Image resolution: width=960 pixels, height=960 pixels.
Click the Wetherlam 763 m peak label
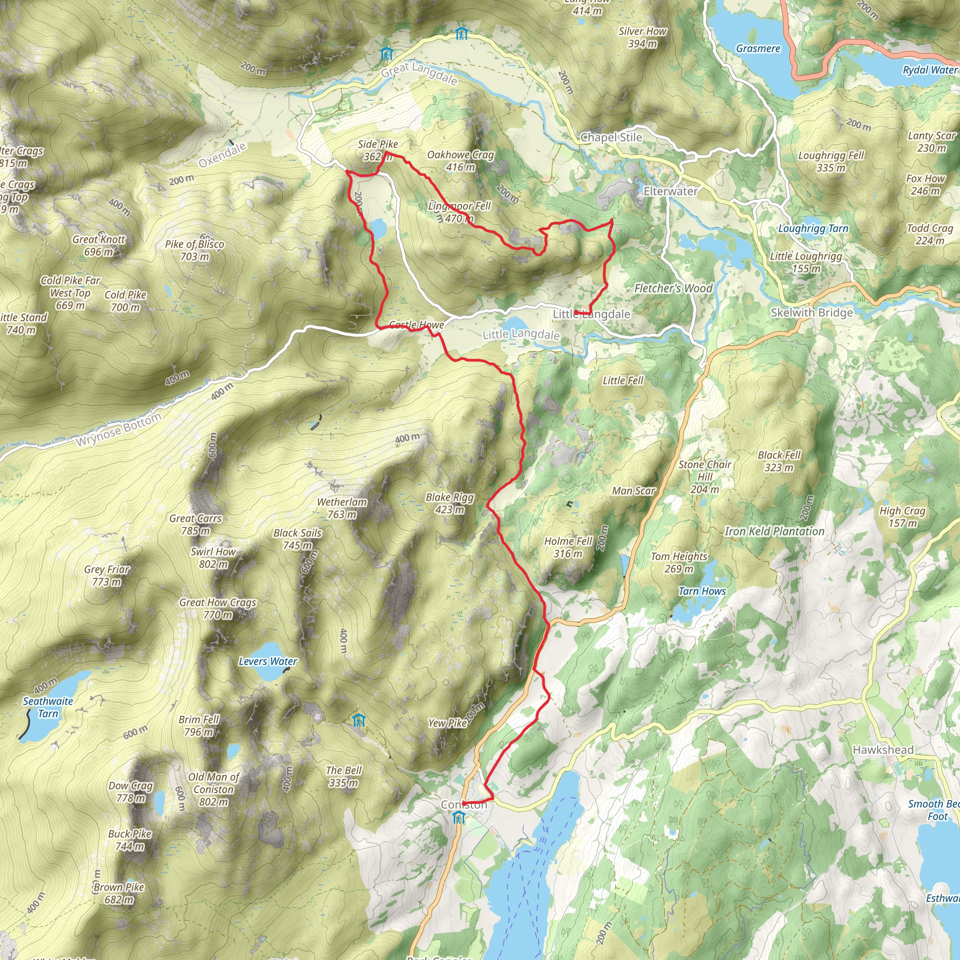click(342, 508)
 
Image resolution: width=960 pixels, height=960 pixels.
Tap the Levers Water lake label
click(267, 661)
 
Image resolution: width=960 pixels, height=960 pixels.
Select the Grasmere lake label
click(758, 49)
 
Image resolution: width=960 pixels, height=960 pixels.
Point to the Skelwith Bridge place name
click(811, 313)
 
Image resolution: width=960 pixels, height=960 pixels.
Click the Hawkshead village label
click(883, 750)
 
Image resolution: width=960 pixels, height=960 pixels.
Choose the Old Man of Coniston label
click(214, 789)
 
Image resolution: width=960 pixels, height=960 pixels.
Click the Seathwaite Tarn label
click(48, 707)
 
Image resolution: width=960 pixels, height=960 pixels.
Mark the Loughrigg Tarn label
click(813, 229)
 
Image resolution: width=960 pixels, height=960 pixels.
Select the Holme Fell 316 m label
click(568, 547)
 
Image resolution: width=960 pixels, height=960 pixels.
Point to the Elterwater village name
click(670, 191)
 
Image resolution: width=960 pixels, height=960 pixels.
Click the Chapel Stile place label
click(611, 138)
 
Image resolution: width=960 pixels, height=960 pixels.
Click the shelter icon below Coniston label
click(459, 817)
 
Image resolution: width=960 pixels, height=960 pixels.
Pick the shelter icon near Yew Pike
click(358, 720)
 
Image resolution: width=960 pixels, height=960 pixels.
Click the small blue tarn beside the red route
click(379, 229)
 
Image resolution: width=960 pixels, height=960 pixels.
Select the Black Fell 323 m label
click(779, 461)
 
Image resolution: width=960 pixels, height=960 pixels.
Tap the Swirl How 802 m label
click(213, 557)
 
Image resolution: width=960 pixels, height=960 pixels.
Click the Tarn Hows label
click(702, 591)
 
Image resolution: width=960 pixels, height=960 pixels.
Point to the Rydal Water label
click(929, 70)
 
